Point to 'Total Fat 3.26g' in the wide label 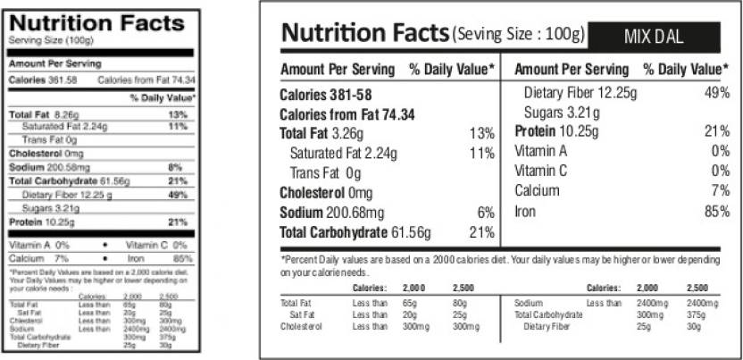point(322,133)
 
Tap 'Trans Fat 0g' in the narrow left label point(50,140)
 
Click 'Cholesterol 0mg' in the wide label point(326,193)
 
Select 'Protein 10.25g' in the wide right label point(564,131)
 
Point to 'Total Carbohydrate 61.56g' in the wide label point(355,233)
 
